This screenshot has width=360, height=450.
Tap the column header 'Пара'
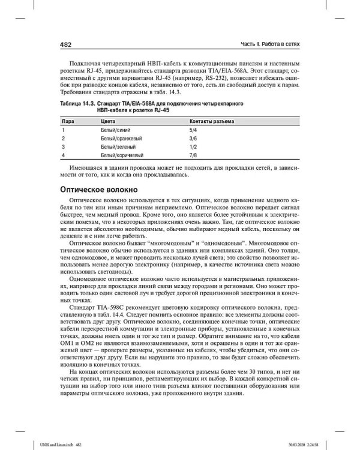pos(68,121)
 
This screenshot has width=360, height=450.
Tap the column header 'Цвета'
pos(109,121)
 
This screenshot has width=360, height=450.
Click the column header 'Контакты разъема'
pos(212,121)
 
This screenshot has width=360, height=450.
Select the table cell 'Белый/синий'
pos(115,130)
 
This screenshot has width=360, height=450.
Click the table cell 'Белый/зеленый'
pos(118,146)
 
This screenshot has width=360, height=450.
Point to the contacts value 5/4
pos(193,130)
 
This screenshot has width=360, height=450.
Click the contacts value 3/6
pos(193,138)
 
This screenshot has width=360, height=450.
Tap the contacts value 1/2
pos(193,146)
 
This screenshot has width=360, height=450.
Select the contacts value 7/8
pos(193,155)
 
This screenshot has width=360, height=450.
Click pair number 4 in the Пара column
pos(63,155)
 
